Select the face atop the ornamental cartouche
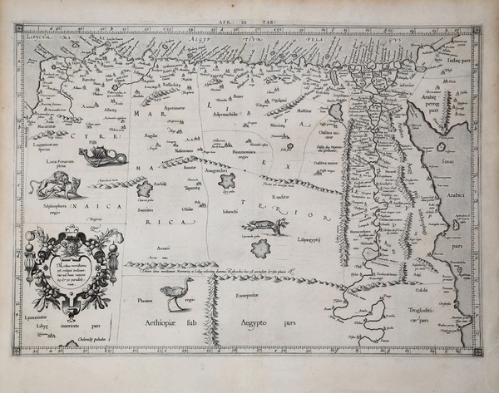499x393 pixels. tap(74, 243)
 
